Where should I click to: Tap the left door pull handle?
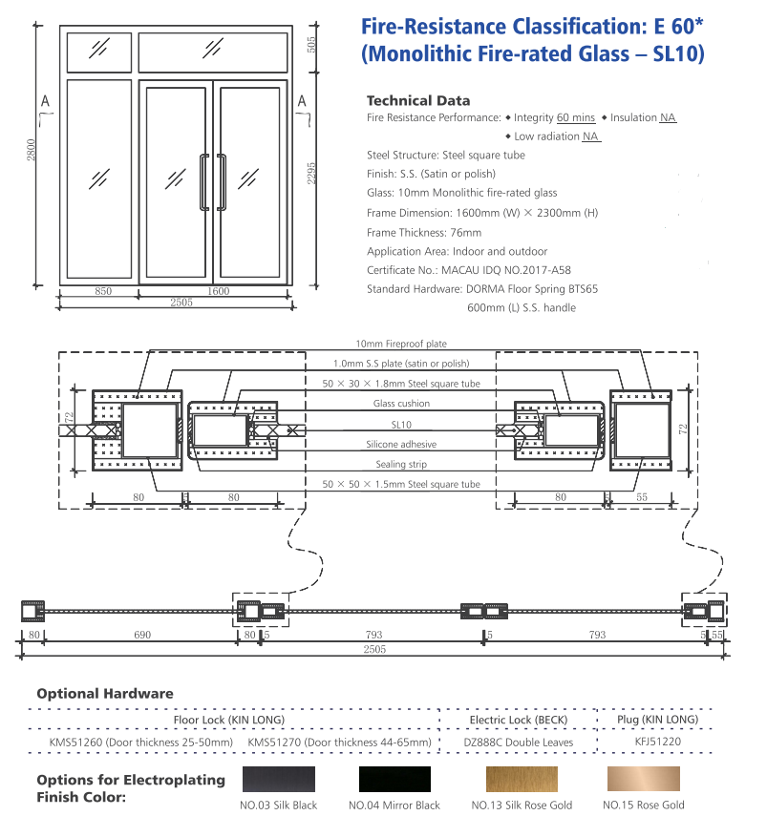tap(202, 180)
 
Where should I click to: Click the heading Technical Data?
tap(418, 100)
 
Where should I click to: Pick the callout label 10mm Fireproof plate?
tap(401, 344)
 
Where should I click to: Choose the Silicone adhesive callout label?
tap(401, 445)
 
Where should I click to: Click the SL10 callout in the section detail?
tap(401, 424)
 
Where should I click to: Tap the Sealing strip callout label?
tap(401, 464)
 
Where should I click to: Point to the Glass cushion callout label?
tap(401, 404)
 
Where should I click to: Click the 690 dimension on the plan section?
tap(141, 635)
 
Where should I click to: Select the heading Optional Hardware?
tap(105, 694)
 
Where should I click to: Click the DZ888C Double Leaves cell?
tap(519, 742)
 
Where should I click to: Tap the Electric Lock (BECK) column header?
tap(519, 720)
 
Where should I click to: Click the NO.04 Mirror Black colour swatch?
tap(394, 779)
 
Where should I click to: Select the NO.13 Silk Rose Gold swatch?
tap(521, 779)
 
